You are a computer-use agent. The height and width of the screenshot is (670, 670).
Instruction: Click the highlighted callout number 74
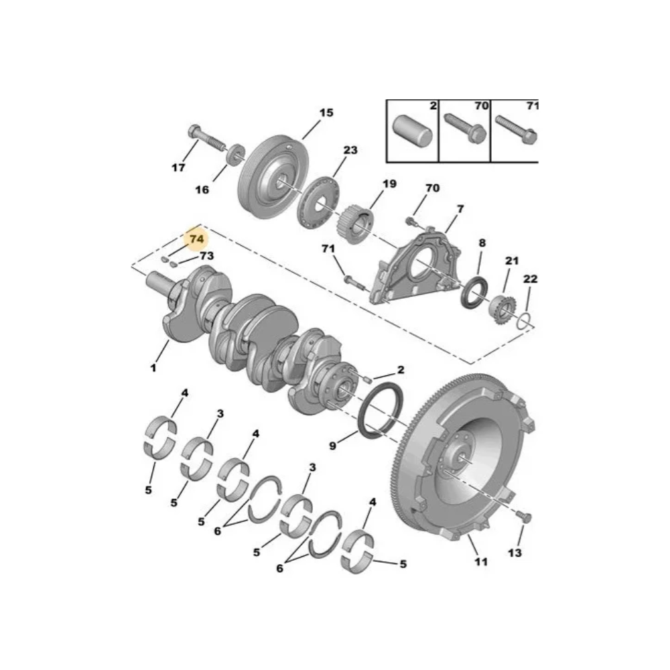pos(196,239)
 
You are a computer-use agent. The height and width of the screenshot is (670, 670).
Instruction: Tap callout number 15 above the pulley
pos(326,113)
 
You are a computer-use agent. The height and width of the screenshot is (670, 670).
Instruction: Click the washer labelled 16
pos(235,155)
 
